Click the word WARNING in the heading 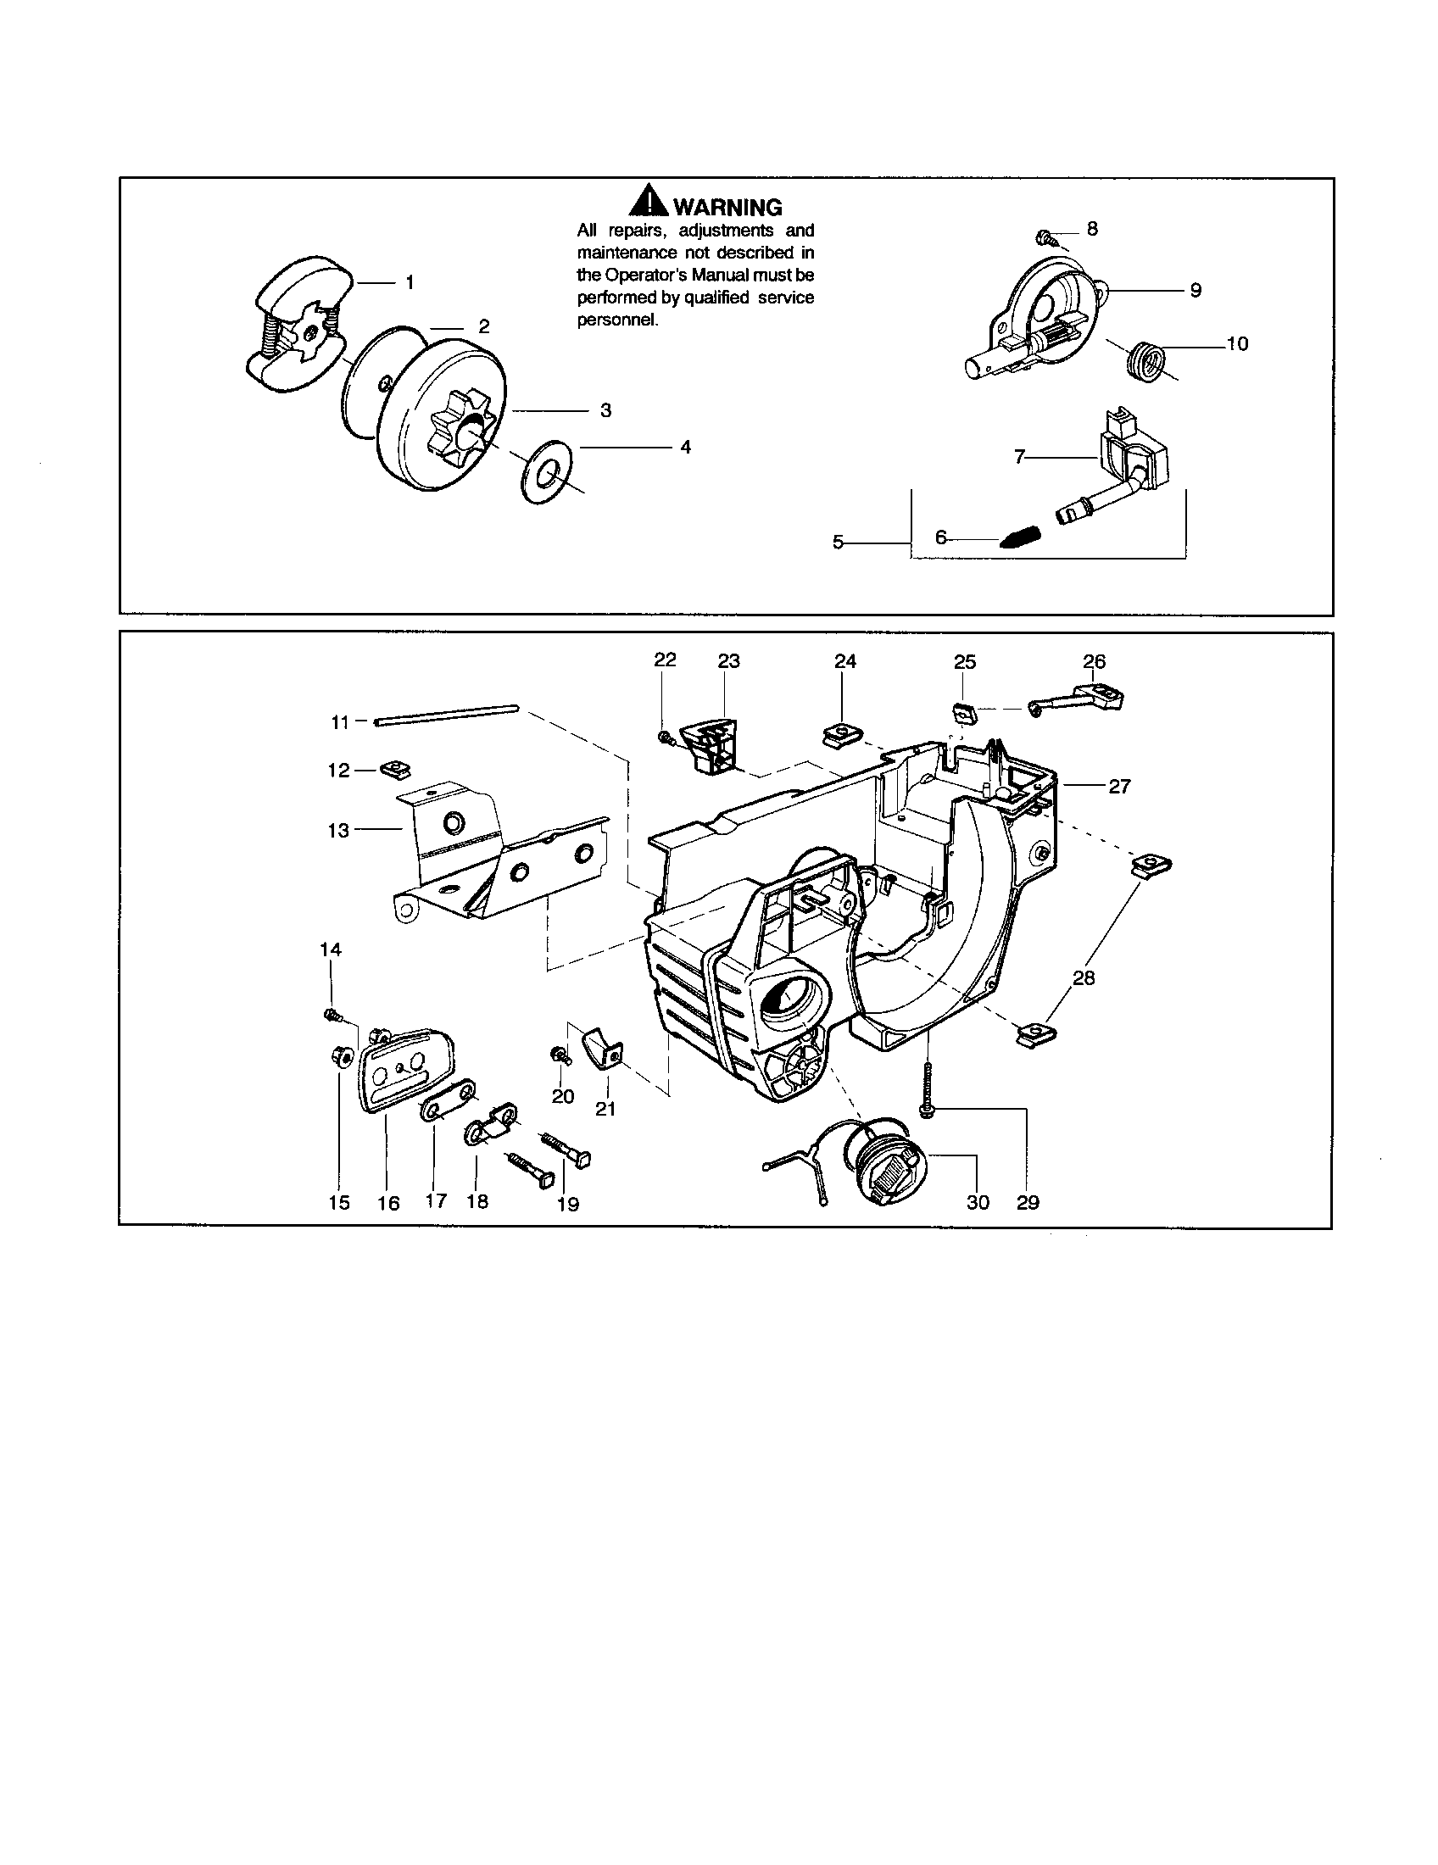point(727,207)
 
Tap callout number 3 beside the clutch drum point(605,411)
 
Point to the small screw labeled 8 point(1044,236)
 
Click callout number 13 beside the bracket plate point(338,830)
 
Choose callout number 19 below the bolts point(568,1204)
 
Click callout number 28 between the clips point(1084,977)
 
